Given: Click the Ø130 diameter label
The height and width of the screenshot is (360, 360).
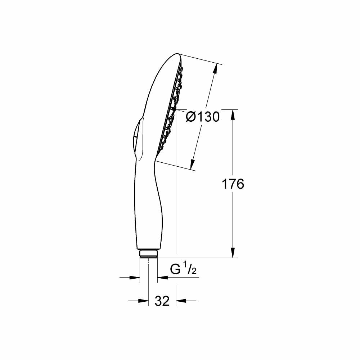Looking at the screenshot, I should point(203,117).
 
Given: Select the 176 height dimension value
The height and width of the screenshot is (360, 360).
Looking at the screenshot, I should point(233,184).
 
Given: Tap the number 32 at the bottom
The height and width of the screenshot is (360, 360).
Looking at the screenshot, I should point(162,301).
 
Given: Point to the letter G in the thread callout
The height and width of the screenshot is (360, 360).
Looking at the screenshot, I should point(176,270).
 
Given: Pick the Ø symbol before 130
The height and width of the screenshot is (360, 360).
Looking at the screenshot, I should point(191,117).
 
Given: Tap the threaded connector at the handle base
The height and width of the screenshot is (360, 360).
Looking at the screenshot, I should point(148,253).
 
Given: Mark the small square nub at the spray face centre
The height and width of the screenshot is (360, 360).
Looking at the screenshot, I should point(173,108).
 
